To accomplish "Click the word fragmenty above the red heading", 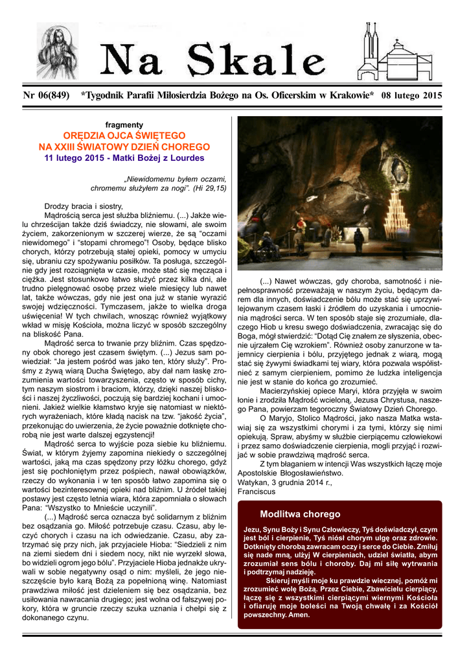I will point(124,124).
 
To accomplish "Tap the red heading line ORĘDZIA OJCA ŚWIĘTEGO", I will point(124,136).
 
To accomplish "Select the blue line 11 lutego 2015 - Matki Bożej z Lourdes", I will point(124,158).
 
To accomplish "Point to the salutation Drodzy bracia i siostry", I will point(83,206).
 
